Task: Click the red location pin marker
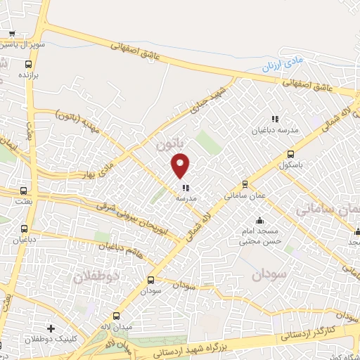point(181,165)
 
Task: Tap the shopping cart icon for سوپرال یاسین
point(11,34)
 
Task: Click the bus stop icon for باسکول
point(290,155)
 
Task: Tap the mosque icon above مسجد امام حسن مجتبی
point(260,220)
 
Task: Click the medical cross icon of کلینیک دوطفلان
point(50,328)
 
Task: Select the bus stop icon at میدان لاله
point(117,317)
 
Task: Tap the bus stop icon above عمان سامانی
point(245,185)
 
